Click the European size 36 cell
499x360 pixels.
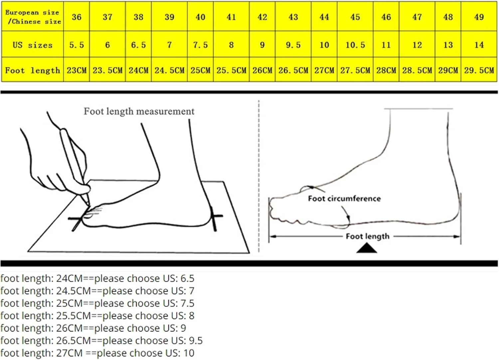pos(77,17)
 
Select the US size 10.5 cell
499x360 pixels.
pos(355,45)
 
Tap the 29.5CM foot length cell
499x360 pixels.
pos(479,70)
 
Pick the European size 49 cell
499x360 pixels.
pos(479,17)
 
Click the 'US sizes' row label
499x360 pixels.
pos(33,45)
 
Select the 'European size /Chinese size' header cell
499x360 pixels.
pos(33,17)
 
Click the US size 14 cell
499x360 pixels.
pos(479,45)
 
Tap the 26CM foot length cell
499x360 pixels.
pos(262,70)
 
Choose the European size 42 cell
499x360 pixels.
pos(262,17)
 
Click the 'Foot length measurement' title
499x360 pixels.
pos(139,111)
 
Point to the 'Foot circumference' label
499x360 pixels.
pos(344,198)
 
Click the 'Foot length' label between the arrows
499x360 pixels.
pos(368,236)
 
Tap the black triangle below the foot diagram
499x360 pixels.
pos(367,249)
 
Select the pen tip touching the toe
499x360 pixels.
pos(89,204)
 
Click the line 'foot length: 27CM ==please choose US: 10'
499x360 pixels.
pos(97,353)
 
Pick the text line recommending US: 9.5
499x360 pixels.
pos(101,340)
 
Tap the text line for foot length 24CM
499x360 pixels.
pos(97,278)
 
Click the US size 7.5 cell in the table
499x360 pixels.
pos(200,45)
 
